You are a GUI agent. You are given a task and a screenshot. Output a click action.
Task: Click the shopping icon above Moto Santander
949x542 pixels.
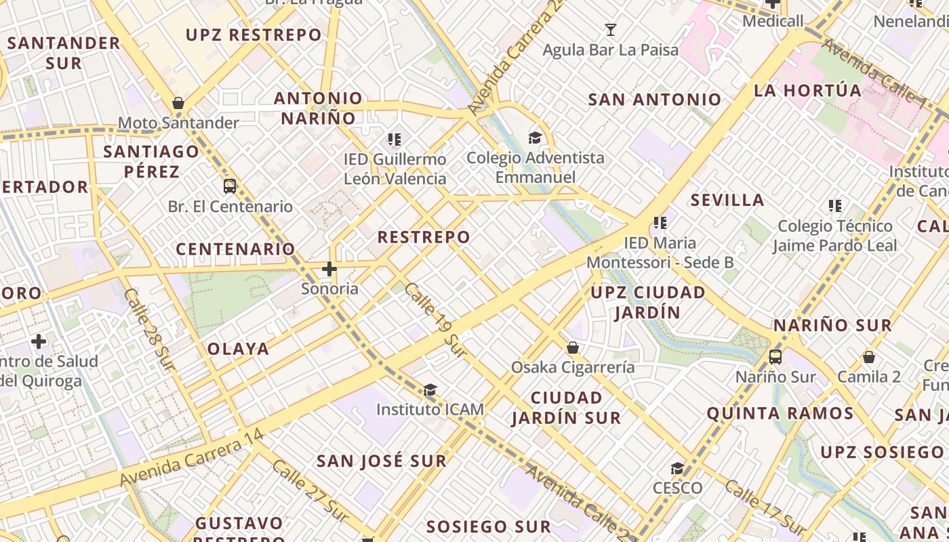click(178, 104)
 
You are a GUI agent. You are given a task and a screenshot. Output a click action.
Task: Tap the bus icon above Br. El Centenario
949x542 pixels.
click(230, 186)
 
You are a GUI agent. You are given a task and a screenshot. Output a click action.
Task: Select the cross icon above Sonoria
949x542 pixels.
click(329, 269)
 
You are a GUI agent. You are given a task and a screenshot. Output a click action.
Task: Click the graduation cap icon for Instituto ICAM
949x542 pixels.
click(430, 390)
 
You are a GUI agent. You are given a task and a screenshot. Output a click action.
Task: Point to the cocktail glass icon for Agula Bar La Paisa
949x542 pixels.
click(610, 30)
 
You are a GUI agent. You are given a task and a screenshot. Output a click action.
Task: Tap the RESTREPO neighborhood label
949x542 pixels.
click(424, 237)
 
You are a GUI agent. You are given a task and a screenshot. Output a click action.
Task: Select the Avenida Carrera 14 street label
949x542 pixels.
click(192, 457)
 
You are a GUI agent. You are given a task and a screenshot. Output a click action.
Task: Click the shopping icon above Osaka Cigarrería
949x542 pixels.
click(573, 348)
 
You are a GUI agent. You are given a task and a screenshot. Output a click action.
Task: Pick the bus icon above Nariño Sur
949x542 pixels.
click(775, 356)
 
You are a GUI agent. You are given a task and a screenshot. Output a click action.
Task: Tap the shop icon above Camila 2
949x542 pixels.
click(869, 357)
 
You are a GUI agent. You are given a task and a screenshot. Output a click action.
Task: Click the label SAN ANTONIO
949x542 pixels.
click(655, 100)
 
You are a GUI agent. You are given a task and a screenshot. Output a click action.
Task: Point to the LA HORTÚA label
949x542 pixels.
click(808, 90)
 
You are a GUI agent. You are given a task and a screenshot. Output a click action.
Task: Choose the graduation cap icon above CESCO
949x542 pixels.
click(677, 469)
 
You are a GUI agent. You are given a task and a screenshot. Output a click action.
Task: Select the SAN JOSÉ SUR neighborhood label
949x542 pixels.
click(382, 461)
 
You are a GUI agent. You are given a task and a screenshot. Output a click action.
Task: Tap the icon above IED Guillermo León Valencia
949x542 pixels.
click(395, 140)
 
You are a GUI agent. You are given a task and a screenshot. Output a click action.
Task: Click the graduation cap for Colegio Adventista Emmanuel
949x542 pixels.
click(535, 138)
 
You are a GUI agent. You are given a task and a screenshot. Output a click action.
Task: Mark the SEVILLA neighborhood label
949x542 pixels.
click(727, 200)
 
